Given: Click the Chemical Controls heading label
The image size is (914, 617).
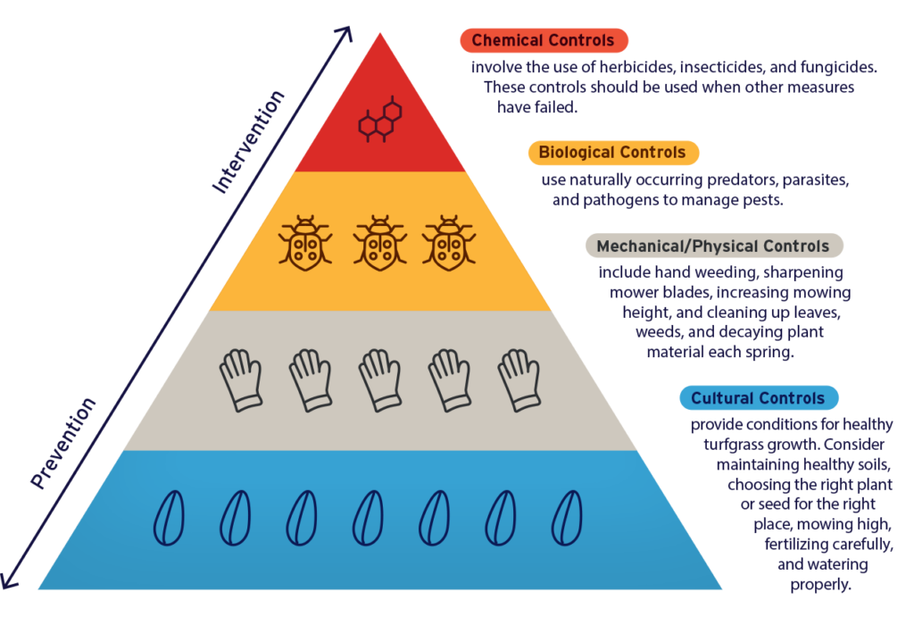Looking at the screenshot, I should [x=544, y=40].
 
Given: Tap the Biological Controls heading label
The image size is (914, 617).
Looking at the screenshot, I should [x=612, y=153].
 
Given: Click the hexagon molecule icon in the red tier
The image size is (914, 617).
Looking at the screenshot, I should [x=379, y=121].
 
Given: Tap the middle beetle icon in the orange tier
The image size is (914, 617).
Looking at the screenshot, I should [x=379, y=241].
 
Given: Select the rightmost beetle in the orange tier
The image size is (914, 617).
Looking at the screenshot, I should [x=448, y=241].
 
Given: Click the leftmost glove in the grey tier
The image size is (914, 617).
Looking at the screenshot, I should [x=241, y=379].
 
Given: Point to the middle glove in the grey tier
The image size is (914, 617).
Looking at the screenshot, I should [x=379, y=379].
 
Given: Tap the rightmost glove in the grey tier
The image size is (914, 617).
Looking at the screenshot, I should [x=518, y=379].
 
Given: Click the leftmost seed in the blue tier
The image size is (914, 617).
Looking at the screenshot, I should [x=170, y=518].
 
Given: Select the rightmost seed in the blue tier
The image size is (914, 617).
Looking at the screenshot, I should [x=567, y=518].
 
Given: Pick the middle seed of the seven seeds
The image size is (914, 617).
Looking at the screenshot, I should [x=368, y=518].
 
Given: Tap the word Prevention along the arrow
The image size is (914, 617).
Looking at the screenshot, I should [x=63, y=443].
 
